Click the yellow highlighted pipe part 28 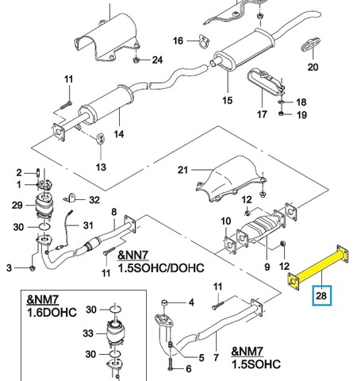318,267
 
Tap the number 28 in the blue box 321,295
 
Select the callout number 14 119,134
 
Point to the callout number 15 228,100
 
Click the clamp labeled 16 204,41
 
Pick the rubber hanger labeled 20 311,44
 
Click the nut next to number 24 136,60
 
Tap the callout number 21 182,170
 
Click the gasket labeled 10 229,246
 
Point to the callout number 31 88,225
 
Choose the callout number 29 17,205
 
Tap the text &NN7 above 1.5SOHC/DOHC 133,255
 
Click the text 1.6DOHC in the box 52,312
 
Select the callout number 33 88,333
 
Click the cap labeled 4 164,302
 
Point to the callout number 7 216,357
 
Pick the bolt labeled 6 170,364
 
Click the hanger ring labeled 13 101,139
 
